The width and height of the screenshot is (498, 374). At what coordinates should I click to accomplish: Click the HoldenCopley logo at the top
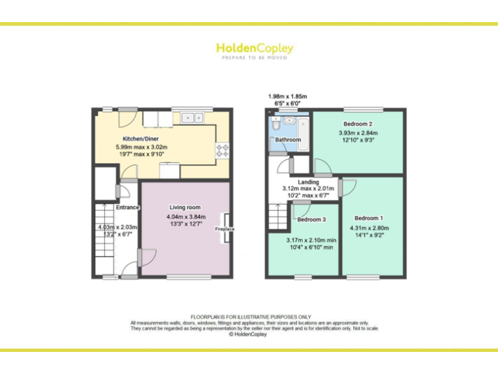[254, 49]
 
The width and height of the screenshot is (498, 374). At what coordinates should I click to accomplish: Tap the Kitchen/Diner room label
[141, 139]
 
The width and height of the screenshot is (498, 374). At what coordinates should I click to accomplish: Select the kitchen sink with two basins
[192, 118]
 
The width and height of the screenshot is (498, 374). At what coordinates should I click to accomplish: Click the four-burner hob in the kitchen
[222, 150]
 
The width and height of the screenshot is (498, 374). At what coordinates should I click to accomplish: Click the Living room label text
[185, 208]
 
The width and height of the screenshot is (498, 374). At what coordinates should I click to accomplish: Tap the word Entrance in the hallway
[128, 208]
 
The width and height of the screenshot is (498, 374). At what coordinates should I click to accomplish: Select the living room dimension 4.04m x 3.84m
[185, 216]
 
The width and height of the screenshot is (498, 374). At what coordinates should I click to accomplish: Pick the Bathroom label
[288, 140]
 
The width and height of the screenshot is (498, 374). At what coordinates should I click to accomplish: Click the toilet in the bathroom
[272, 123]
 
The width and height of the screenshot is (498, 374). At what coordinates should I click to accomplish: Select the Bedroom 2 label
[357, 124]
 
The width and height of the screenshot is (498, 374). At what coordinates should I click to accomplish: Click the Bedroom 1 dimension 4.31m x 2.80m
[370, 228]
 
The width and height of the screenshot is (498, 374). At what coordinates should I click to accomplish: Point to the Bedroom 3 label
[311, 219]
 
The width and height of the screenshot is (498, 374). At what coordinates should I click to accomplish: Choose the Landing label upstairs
[309, 182]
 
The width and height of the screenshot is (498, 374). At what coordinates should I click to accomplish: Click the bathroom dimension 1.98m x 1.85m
[287, 97]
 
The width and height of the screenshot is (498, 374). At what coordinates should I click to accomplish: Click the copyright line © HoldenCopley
[249, 334]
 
